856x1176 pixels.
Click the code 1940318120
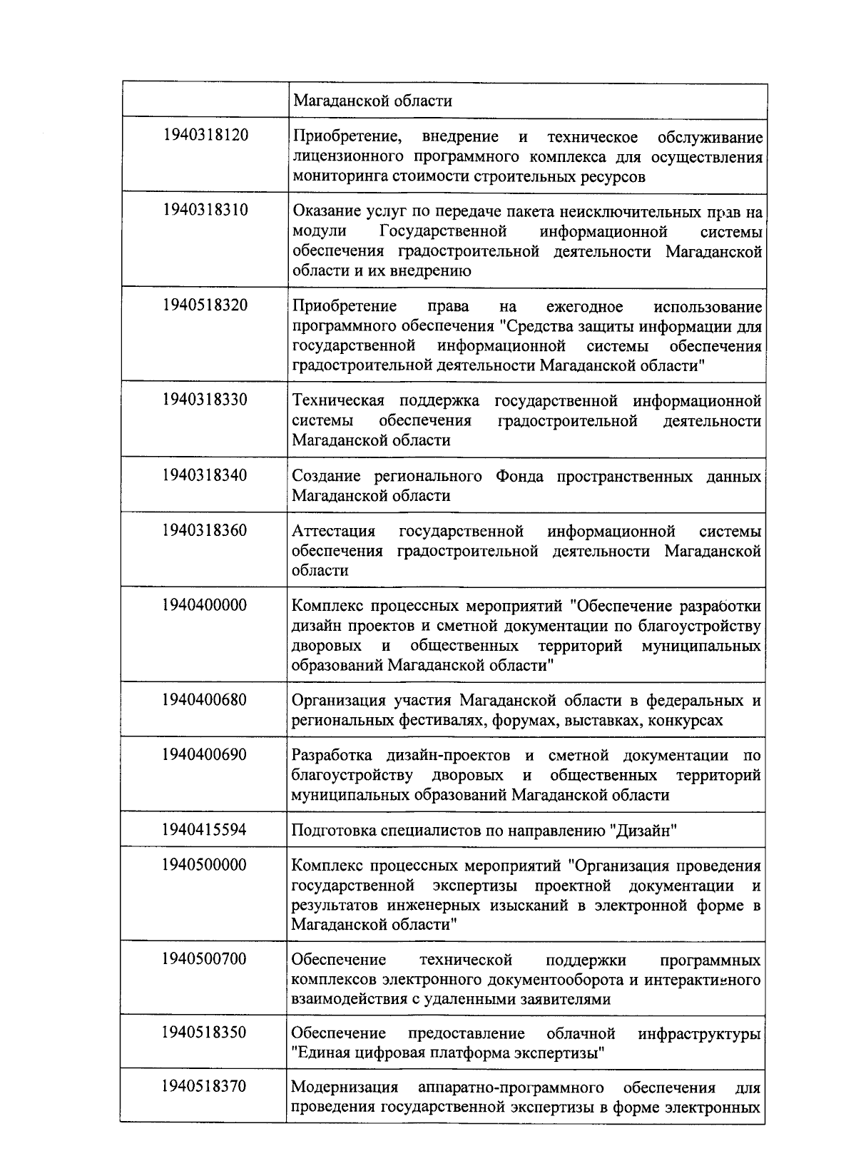tap(205, 135)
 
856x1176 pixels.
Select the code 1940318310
tap(205, 210)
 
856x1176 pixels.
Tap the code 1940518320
tap(205, 305)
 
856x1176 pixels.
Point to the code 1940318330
tap(205, 399)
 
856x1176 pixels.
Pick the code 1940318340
tap(205, 475)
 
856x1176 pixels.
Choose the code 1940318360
tap(205, 530)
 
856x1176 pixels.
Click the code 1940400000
tap(205, 605)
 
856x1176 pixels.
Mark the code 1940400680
tap(205, 699)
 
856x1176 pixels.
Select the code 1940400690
tap(205, 754)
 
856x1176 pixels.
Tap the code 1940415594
tap(205, 829)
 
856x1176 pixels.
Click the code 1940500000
tap(205, 865)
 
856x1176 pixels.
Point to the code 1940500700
tap(205, 958)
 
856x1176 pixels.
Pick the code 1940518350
tap(205, 1033)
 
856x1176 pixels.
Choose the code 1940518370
tap(205, 1086)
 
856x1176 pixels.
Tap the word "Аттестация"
tap(334, 532)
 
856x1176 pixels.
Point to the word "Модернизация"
tap(345, 1088)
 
